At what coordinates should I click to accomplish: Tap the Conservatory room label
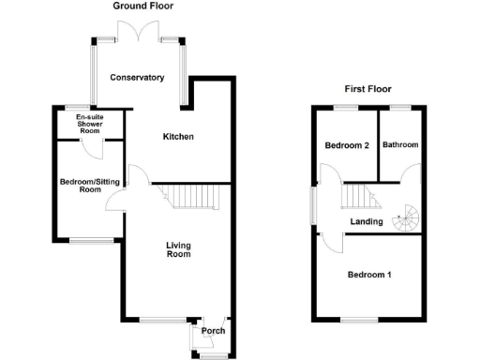point(137,78)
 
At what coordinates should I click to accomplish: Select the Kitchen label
point(178,137)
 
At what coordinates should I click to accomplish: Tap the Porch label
point(213,331)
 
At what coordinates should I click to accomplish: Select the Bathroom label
point(400,145)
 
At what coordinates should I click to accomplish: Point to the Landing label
point(365,221)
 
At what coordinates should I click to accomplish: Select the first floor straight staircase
point(357,196)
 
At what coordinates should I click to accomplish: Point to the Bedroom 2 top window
point(346,108)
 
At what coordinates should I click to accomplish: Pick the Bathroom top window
point(400,108)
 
